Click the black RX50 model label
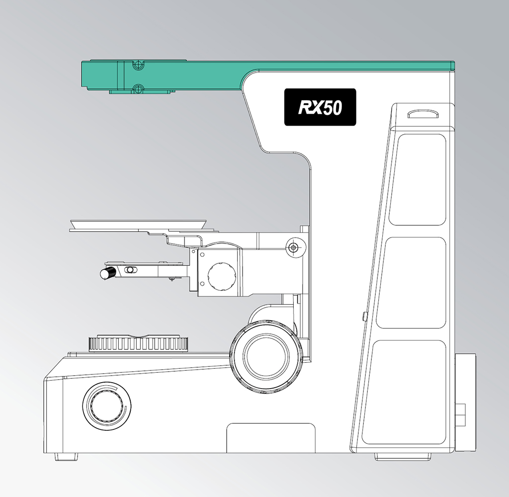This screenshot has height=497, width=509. click(x=320, y=107)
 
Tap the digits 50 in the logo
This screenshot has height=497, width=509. click(x=333, y=108)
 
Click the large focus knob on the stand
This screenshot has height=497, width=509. click(x=266, y=356)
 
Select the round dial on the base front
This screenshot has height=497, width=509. click(x=107, y=406)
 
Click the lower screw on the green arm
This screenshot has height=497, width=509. click(x=139, y=88)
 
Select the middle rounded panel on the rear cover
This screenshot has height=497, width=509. click(x=411, y=283)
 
